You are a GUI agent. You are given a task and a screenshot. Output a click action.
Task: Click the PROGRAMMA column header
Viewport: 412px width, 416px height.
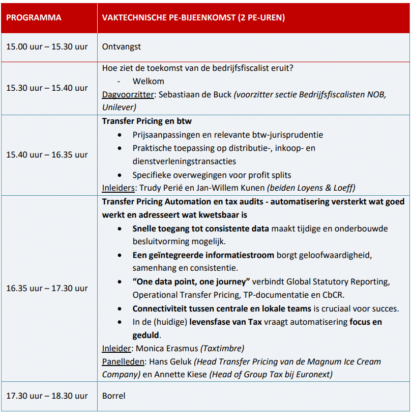[x=34, y=17]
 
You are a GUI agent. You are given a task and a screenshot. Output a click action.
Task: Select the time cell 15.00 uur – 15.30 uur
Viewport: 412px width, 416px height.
[x=47, y=46]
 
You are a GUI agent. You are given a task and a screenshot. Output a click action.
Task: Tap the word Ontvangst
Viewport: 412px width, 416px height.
[x=122, y=46]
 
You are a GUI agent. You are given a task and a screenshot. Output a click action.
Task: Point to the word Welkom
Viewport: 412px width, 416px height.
[x=149, y=81]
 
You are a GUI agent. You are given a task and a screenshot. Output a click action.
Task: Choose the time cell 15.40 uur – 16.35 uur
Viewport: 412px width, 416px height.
[x=47, y=154]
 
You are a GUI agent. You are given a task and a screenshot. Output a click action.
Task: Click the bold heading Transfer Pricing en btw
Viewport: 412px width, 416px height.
[x=146, y=121]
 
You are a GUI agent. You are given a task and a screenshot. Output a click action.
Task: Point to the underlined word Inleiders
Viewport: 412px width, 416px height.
[x=117, y=188]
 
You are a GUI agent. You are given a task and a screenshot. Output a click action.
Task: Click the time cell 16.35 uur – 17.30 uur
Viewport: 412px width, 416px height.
[x=47, y=288]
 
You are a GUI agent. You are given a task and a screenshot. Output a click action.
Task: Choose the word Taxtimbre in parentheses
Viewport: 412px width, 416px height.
[x=222, y=348]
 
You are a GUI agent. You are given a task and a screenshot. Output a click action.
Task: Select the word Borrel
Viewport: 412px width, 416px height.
[x=113, y=396]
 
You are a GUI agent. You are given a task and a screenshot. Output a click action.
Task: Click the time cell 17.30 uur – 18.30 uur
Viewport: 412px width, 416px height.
[x=47, y=396]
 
